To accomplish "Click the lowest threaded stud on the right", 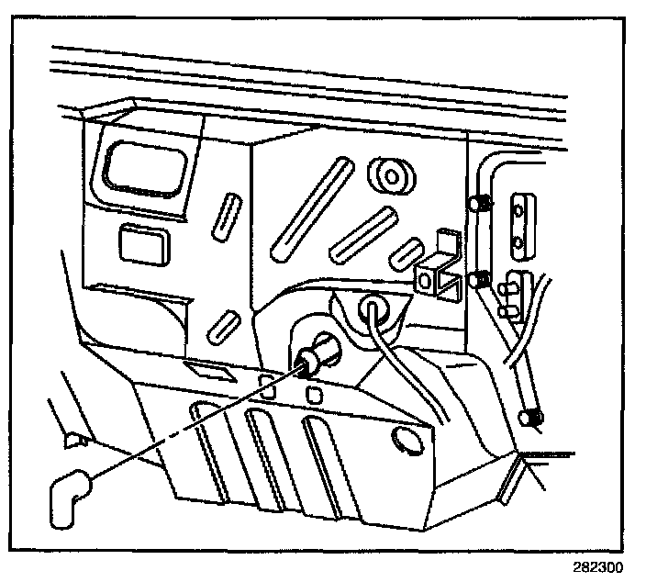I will pos(530,419).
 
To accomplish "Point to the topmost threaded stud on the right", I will pos(477,203).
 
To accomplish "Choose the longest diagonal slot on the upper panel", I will pos(308,207).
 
